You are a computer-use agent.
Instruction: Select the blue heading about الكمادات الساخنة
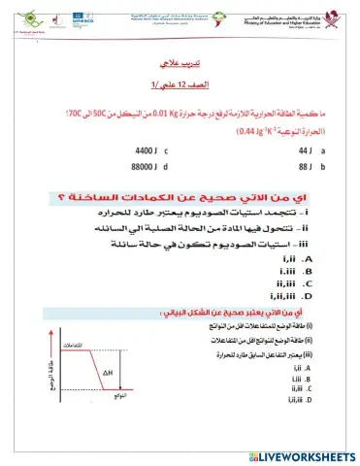pos(185,200)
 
